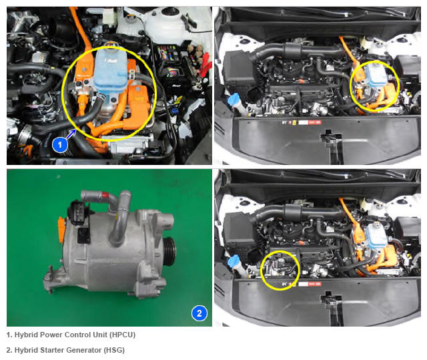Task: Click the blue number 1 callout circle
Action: pyautogui.click(x=60, y=144)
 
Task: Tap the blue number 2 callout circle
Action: pyautogui.click(x=199, y=313)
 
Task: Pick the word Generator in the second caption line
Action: pyautogui.click(x=83, y=350)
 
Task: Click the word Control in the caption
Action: pyautogui.click(x=76, y=335)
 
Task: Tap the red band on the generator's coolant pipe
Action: pyautogui.click(x=105, y=196)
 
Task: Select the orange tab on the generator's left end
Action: pyautogui.click(x=61, y=230)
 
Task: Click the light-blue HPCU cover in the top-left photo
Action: pyautogui.click(x=111, y=71)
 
